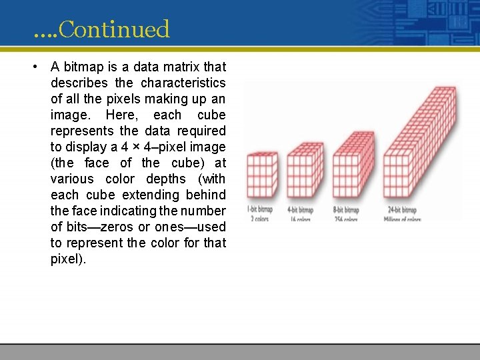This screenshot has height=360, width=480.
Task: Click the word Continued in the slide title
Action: point(114,29)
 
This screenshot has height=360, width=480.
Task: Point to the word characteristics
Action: point(183,83)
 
